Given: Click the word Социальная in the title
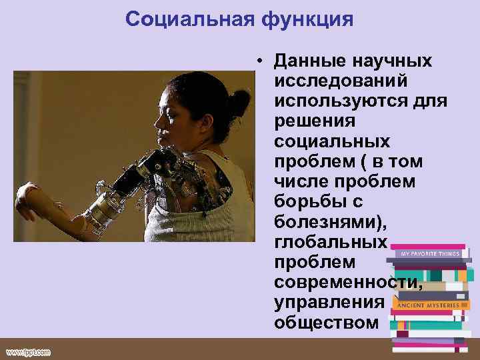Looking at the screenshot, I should pyautogui.click(x=185, y=19).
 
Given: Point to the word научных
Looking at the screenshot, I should pyautogui.click(x=394, y=61).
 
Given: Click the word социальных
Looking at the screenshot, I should pyautogui.click(x=331, y=143).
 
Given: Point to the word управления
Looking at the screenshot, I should pyautogui.click(x=329, y=302).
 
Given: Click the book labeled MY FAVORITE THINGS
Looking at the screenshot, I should pyautogui.click(x=430, y=253).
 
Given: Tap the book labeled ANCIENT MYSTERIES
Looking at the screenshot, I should pyautogui.click(x=427, y=305).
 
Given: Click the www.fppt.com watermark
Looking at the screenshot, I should pyautogui.click(x=28, y=352).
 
